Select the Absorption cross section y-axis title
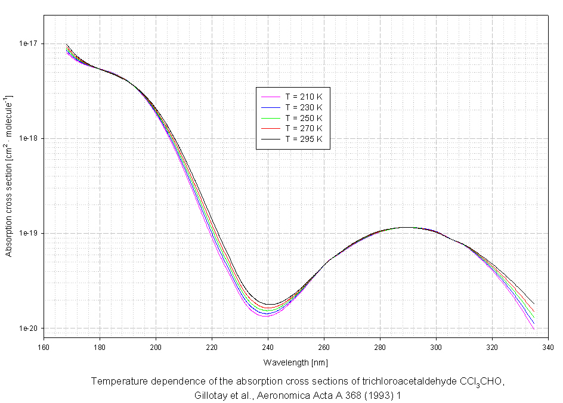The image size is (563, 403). click(x=9, y=175)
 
